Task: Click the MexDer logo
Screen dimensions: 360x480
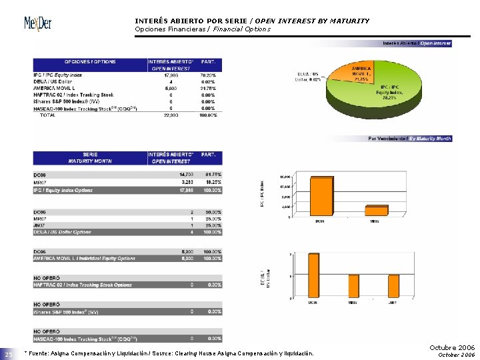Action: coord(38,25)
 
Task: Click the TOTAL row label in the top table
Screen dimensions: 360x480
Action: coord(48,115)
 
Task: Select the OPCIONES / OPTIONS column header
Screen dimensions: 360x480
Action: coord(89,62)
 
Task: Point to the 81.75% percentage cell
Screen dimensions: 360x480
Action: coord(211,174)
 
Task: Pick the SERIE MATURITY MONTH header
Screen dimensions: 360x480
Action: coord(89,158)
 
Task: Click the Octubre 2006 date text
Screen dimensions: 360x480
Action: coord(453,348)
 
